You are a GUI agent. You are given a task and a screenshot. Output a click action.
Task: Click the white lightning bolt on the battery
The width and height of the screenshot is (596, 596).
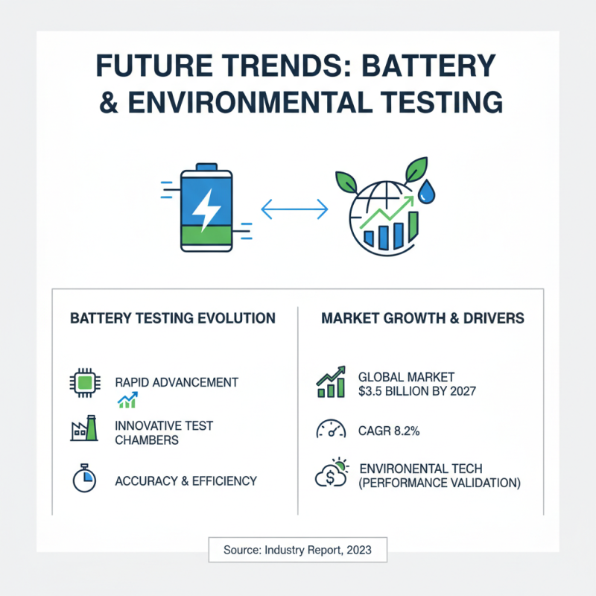pyautogui.click(x=203, y=209)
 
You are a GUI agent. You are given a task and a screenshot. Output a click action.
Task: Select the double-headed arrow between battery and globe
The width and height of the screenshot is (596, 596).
pyautogui.click(x=296, y=209)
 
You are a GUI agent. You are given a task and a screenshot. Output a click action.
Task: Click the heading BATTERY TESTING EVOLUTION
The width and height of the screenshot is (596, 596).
pyautogui.click(x=172, y=318)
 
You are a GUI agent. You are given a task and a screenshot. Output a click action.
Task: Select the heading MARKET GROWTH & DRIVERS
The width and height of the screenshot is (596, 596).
pyautogui.click(x=422, y=318)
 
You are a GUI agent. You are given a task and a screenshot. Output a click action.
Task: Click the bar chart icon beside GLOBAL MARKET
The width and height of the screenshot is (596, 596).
pyautogui.click(x=330, y=383)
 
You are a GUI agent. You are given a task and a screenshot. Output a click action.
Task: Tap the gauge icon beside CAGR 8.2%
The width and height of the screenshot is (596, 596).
pyautogui.click(x=330, y=430)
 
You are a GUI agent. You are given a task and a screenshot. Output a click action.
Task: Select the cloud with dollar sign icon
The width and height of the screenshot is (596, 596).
pyautogui.click(x=330, y=475)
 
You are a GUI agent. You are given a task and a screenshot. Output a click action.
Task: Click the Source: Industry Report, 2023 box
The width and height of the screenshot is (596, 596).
pyautogui.click(x=297, y=551)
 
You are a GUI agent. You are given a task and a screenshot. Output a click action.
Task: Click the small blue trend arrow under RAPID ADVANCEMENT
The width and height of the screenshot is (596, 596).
pyautogui.click(x=127, y=402)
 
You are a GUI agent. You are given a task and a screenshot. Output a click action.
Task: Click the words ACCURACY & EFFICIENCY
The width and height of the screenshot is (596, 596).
pyautogui.click(x=186, y=481)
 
